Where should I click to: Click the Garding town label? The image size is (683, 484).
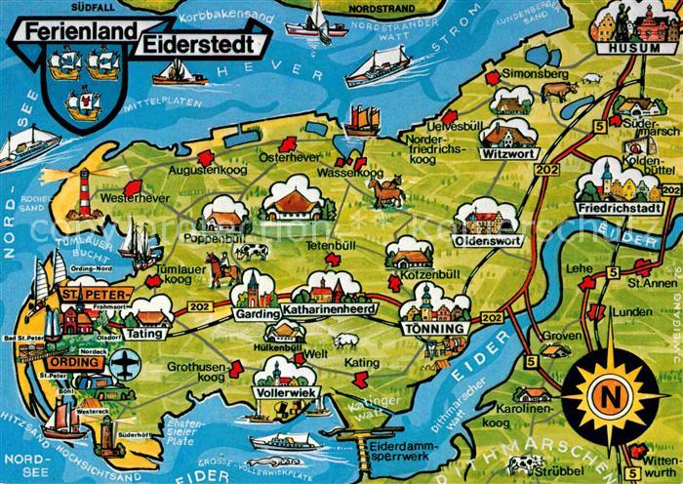[x=253, y=313]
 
